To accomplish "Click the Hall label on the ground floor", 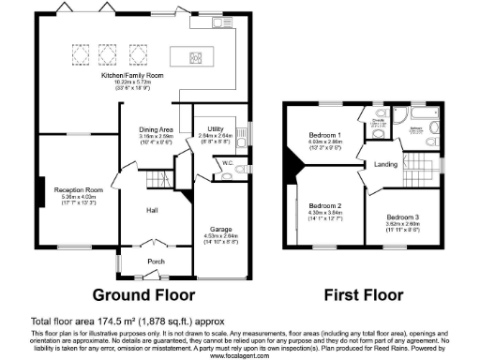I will tap(151, 211).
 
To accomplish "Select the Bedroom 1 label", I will tap(324, 135).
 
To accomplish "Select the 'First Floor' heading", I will tap(363, 294).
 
